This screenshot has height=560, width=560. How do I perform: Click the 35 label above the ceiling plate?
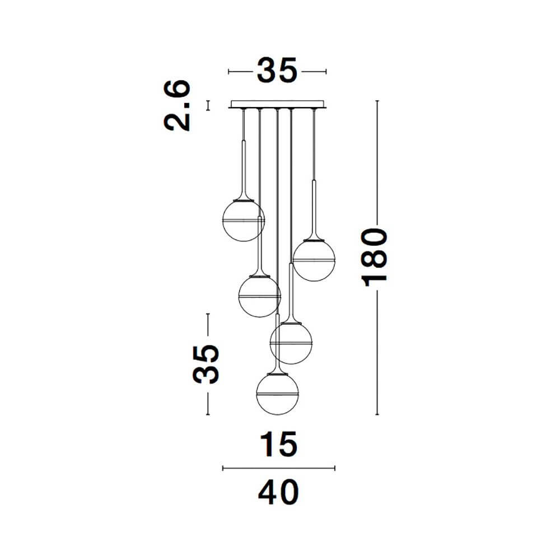277,71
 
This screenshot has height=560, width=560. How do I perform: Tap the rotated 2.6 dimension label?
177,105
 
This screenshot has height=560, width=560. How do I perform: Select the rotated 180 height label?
374,258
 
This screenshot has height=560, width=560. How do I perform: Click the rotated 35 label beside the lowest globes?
206,365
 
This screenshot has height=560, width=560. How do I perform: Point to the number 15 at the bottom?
278,444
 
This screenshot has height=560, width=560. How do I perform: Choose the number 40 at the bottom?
278,492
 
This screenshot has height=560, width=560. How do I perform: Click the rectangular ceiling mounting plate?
277,104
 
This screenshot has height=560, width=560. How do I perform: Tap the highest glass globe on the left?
244,220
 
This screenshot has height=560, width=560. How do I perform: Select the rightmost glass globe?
314,260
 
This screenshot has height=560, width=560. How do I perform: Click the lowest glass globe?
278,394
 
